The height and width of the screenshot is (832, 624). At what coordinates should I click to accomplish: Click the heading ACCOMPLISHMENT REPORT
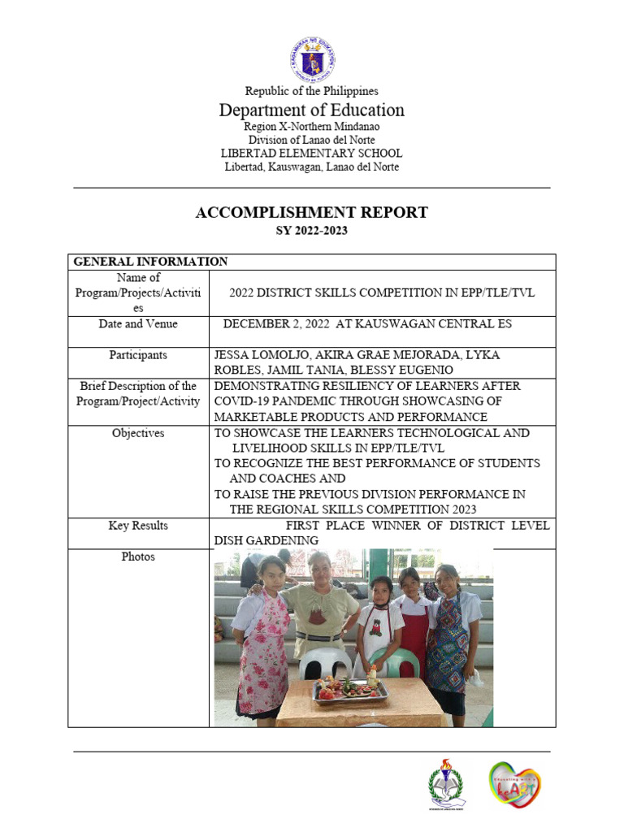[311, 213]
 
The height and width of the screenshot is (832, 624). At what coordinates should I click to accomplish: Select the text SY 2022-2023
[311, 232]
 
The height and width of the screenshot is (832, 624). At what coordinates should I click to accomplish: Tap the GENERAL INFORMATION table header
[150, 262]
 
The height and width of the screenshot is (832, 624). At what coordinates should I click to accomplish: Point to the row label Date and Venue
[138, 324]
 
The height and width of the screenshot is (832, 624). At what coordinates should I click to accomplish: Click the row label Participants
[138, 355]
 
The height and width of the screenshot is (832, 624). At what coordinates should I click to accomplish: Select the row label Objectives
[138, 433]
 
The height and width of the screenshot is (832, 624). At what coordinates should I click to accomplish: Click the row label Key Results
[138, 526]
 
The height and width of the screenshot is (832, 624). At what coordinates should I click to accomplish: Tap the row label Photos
[138, 557]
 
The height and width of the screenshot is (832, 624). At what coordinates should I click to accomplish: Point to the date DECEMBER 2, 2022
[276, 324]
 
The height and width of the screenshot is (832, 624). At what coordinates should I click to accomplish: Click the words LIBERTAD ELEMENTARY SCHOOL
[311, 154]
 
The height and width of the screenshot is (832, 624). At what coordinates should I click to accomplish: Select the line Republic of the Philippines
[311, 91]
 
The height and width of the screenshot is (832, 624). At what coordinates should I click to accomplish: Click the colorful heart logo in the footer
[514, 784]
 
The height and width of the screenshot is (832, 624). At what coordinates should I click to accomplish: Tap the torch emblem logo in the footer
[448, 784]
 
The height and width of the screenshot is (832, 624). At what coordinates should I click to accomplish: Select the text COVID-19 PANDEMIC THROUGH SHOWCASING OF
[357, 401]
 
